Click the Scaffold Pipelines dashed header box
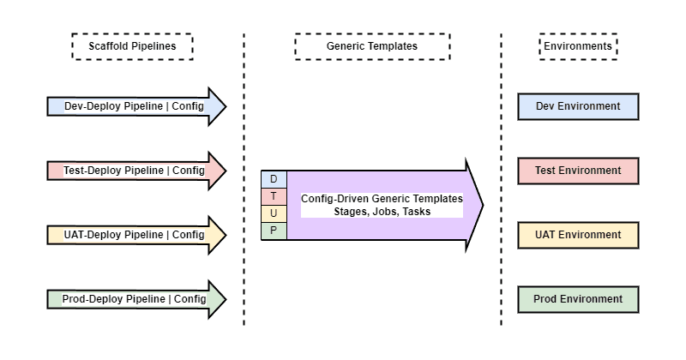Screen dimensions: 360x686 (132, 46)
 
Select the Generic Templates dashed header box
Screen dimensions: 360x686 (372, 46)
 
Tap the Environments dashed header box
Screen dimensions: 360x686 (578, 46)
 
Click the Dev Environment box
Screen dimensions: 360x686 (578, 106)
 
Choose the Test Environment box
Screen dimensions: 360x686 (578, 171)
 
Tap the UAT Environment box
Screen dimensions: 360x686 (578, 235)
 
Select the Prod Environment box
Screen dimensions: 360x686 (578, 299)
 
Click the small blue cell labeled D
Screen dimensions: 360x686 (274, 179)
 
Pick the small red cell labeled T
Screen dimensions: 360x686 (274, 196)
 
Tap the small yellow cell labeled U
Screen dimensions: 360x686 (274, 213)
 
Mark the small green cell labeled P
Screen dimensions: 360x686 (274, 231)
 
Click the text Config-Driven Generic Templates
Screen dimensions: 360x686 (382, 199)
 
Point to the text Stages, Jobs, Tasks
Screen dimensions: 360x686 (382, 212)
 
